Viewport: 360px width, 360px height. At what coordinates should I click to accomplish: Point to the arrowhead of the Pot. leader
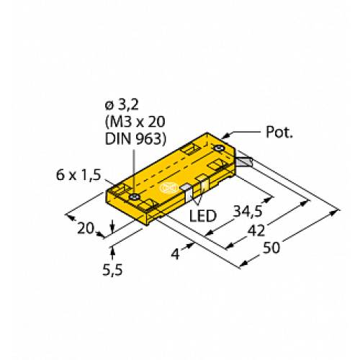tap(230, 136)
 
